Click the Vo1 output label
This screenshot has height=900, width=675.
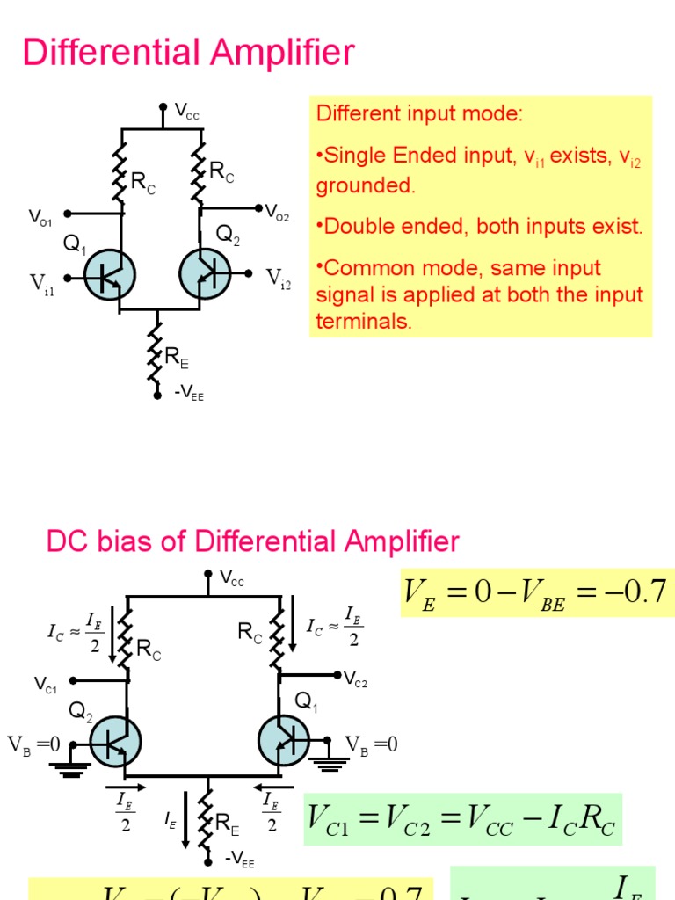tap(40, 216)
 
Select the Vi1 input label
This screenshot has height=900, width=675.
tap(42, 283)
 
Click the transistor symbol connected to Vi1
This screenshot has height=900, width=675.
tap(109, 275)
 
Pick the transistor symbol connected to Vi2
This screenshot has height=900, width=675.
tap(206, 274)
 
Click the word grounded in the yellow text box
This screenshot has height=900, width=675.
tap(364, 185)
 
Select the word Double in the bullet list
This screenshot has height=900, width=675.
tap(354, 226)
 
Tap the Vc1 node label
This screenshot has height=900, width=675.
tap(46, 685)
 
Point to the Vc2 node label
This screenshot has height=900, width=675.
tap(355, 679)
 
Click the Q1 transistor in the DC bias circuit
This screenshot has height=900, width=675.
tap(283, 740)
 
